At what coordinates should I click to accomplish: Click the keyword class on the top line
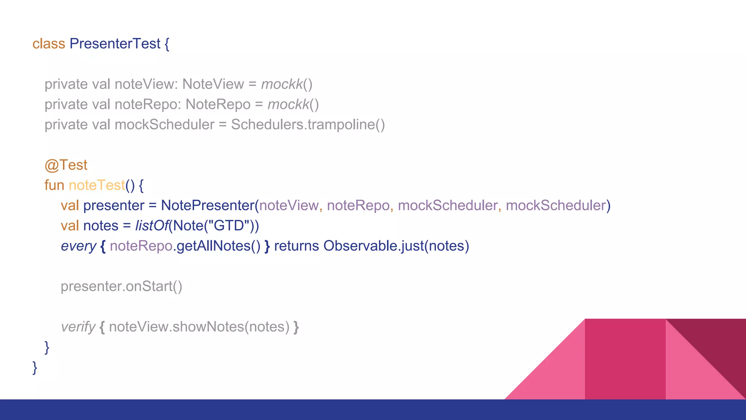(x=48, y=44)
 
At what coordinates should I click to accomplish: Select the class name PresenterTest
(x=115, y=44)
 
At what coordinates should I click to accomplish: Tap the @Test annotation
(x=66, y=165)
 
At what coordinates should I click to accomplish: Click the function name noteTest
(x=97, y=185)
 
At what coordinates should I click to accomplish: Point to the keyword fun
(x=54, y=185)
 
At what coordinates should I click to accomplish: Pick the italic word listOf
(x=152, y=226)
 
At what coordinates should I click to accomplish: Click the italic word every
(x=78, y=246)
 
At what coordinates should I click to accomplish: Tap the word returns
(x=296, y=246)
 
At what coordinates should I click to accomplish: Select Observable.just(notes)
(x=396, y=246)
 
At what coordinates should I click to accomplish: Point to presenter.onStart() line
(x=121, y=287)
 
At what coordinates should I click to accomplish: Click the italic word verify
(x=78, y=327)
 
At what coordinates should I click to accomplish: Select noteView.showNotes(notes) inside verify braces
(x=199, y=327)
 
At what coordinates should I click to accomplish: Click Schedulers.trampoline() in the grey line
(x=308, y=125)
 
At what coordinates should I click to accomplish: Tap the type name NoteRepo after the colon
(x=218, y=105)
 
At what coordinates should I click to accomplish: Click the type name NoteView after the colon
(x=213, y=84)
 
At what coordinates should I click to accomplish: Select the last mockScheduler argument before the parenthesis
(x=556, y=206)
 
